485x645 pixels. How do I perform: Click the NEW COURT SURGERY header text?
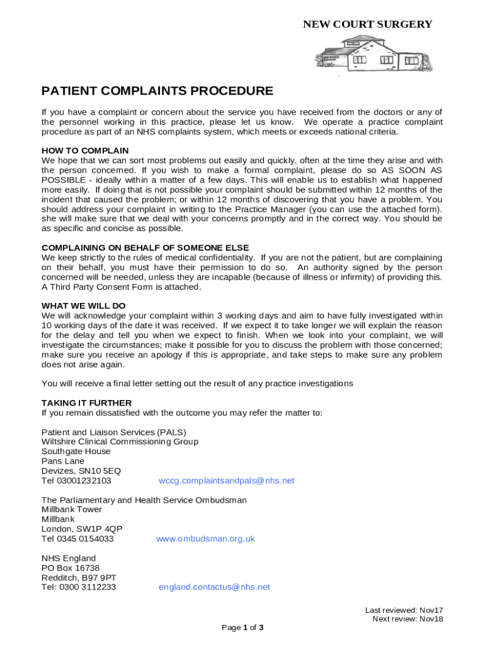click(x=367, y=25)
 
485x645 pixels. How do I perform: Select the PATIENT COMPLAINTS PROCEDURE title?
click(x=157, y=91)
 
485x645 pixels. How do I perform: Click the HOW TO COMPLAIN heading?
click(x=85, y=151)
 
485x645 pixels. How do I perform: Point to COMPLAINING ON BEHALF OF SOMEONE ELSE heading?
click(x=145, y=248)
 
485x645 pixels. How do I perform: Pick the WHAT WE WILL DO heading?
click(x=84, y=305)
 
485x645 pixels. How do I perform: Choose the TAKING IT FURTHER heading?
click(x=87, y=402)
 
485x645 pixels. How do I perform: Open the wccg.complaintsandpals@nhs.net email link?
click(x=226, y=481)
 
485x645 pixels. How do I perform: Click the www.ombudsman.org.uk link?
click(x=205, y=539)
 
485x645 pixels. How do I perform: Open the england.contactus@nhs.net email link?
click(x=214, y=587)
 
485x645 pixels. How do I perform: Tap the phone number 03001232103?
click(x=85, y=481)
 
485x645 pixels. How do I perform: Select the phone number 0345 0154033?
click(x=87, y=539)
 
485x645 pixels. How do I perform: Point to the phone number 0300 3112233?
click(x=88, y=587)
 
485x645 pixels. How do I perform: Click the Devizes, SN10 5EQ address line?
click(x=81, y=471)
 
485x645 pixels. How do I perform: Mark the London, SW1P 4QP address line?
click(x=82, y=529)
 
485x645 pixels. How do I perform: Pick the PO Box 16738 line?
click(x=71, y=568)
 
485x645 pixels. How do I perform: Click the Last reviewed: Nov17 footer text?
click(x=404, y=610)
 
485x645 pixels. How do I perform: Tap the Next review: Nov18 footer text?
click(x=408, y=619)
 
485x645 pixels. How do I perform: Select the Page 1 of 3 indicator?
click(x=243, y=627)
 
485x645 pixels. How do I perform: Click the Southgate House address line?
click(x=76, y=451)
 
